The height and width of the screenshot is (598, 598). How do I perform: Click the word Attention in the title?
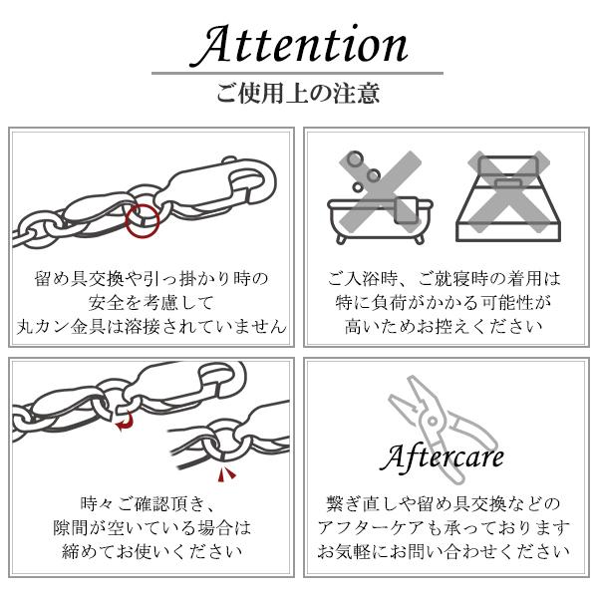point(298,45)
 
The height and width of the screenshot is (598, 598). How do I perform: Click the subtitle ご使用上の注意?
point(298,96)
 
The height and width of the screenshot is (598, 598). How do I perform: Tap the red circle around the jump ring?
point(144,219)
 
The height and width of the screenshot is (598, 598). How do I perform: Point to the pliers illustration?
point(439,413)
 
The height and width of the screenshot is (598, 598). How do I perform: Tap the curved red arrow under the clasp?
point(125,427)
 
